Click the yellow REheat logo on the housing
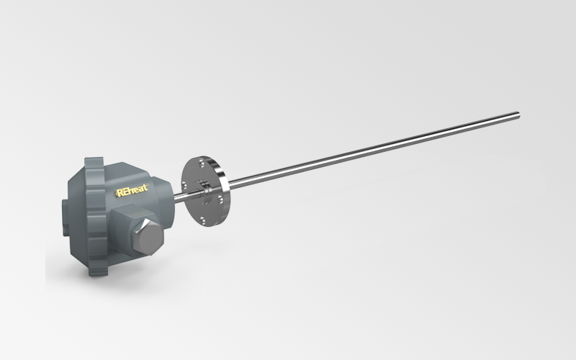click(132, 190)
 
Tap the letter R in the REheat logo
click(120, 192)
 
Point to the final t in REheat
click(146, 187)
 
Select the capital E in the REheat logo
click(125, 192)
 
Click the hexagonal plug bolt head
click(146, 237)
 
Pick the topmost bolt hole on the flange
click(201, 163)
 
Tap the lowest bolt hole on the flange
click(202, 220)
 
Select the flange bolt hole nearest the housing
click(184, 184)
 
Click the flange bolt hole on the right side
click(220, 199)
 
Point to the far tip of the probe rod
click(518, 115)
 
